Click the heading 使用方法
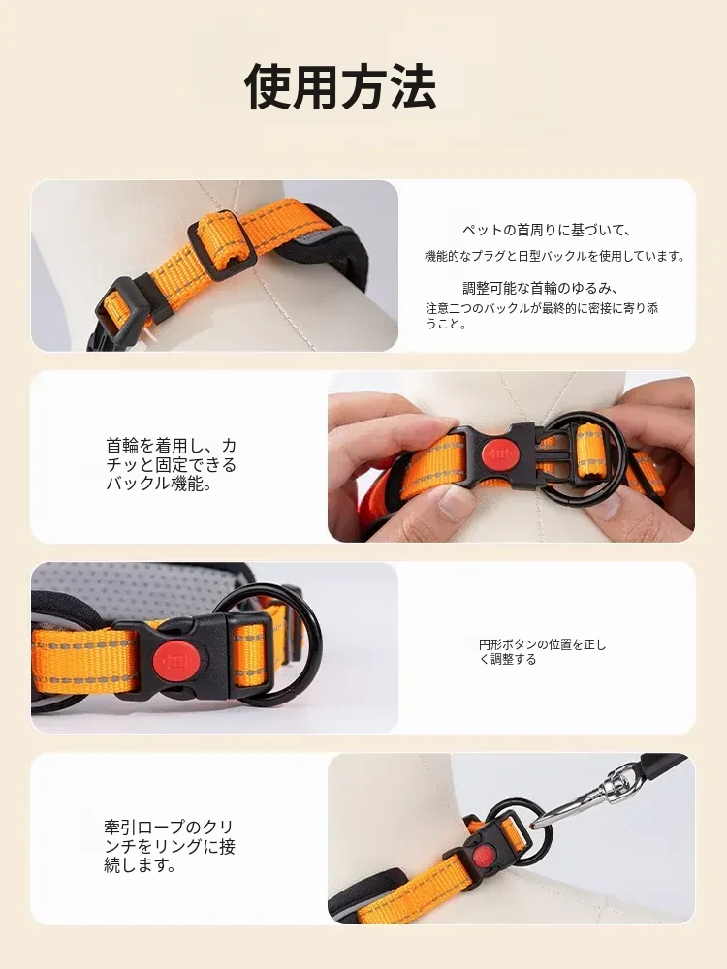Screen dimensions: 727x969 340,87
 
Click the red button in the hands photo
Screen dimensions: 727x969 501,454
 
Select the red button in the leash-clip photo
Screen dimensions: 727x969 482,857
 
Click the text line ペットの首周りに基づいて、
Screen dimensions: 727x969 547,231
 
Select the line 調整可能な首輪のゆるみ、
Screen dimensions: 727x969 541,288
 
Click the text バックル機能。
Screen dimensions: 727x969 160,484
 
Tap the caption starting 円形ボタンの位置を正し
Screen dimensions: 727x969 542,652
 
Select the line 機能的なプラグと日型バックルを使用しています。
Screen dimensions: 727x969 554,256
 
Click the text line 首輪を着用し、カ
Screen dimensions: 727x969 171,446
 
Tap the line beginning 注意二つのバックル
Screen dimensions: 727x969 542,308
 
